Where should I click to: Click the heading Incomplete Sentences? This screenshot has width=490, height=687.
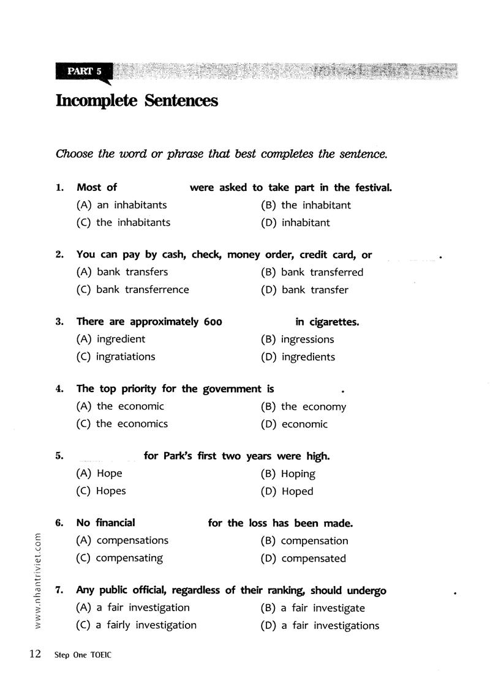pyautogui.click(x=137, y=100)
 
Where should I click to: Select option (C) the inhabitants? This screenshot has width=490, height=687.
pyautogui.click(x=123, y=223)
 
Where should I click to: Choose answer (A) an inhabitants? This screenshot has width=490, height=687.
pyautogui.click(x=121, y=205)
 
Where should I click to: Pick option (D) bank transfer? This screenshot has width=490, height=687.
pyautogui.click(x=304, y=290)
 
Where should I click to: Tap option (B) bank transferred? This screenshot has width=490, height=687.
pyautogui.click(x=312, y=272)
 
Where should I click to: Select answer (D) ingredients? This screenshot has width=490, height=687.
pyautogui.click(x=298, y=357)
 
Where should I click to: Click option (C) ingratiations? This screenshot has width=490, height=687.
pyautogui.click(x=116, y=357)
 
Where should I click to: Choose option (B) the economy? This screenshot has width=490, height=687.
pyautogui.click(x=303, y=407)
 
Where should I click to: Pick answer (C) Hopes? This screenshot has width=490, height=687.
pyautogui.click(x=101, y=491)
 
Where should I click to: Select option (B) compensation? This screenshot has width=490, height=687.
pyautogui.click(x=304, y=541)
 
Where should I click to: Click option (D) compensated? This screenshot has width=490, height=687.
pyautogui.click(x=303, y=559)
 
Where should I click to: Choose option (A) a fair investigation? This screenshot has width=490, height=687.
pyautogui.click(x=133, y=607)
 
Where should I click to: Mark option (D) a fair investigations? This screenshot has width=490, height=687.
pyautogui.click(x=320, y=625)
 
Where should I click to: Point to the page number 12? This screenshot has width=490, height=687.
pyautogui.click(x=34, y=654)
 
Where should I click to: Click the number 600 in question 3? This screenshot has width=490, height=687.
pyautogui.click(x=212, y=322)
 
